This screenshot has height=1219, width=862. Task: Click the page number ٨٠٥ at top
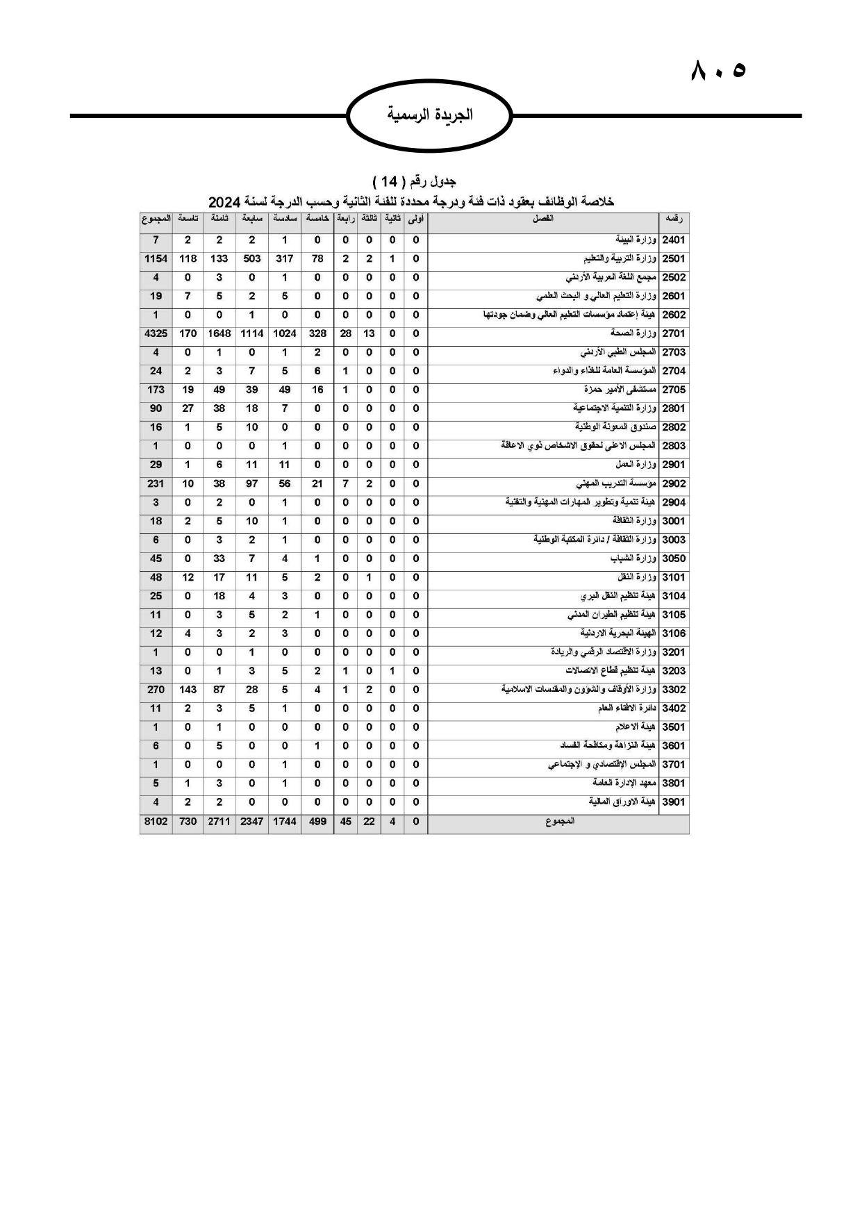tap(718, 70)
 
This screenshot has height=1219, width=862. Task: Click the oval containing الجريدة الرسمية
tap(429, 115)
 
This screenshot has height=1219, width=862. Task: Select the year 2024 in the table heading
tap(224, 202)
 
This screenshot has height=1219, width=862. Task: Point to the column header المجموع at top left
tap(156, 219)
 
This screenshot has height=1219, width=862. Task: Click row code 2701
tap(674, 333)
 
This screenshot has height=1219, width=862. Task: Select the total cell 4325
tap(156, 333)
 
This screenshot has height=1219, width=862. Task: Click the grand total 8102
tap(156, 822)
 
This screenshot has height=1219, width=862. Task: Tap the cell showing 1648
tap(219, 333)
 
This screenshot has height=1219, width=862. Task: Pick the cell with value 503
tap(251, 258)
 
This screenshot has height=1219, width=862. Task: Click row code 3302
tap(674, 690)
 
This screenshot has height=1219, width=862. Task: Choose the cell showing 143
tap(188, 690)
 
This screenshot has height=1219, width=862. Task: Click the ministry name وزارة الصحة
tap(633, 333)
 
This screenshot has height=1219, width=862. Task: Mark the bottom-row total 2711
tap(219, 822)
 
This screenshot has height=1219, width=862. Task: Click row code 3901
tap(674, 802)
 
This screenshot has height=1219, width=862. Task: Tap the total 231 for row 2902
tap(156, 483)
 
